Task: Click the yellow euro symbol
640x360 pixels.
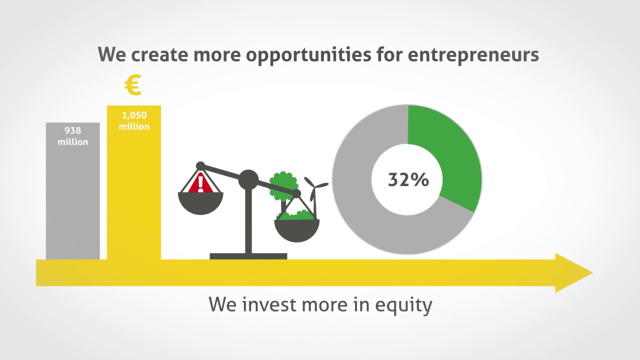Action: point(133,85)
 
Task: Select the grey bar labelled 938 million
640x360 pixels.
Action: point(72,200)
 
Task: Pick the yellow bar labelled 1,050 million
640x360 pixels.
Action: point(134,200)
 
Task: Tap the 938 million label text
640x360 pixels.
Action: point(72,136)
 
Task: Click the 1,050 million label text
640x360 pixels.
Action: point(134,121)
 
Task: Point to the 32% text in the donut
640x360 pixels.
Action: point(408,179)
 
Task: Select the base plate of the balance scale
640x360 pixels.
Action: point(248,256)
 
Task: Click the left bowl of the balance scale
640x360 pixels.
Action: point(200,202)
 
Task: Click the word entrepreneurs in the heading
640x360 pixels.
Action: point(473,54)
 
